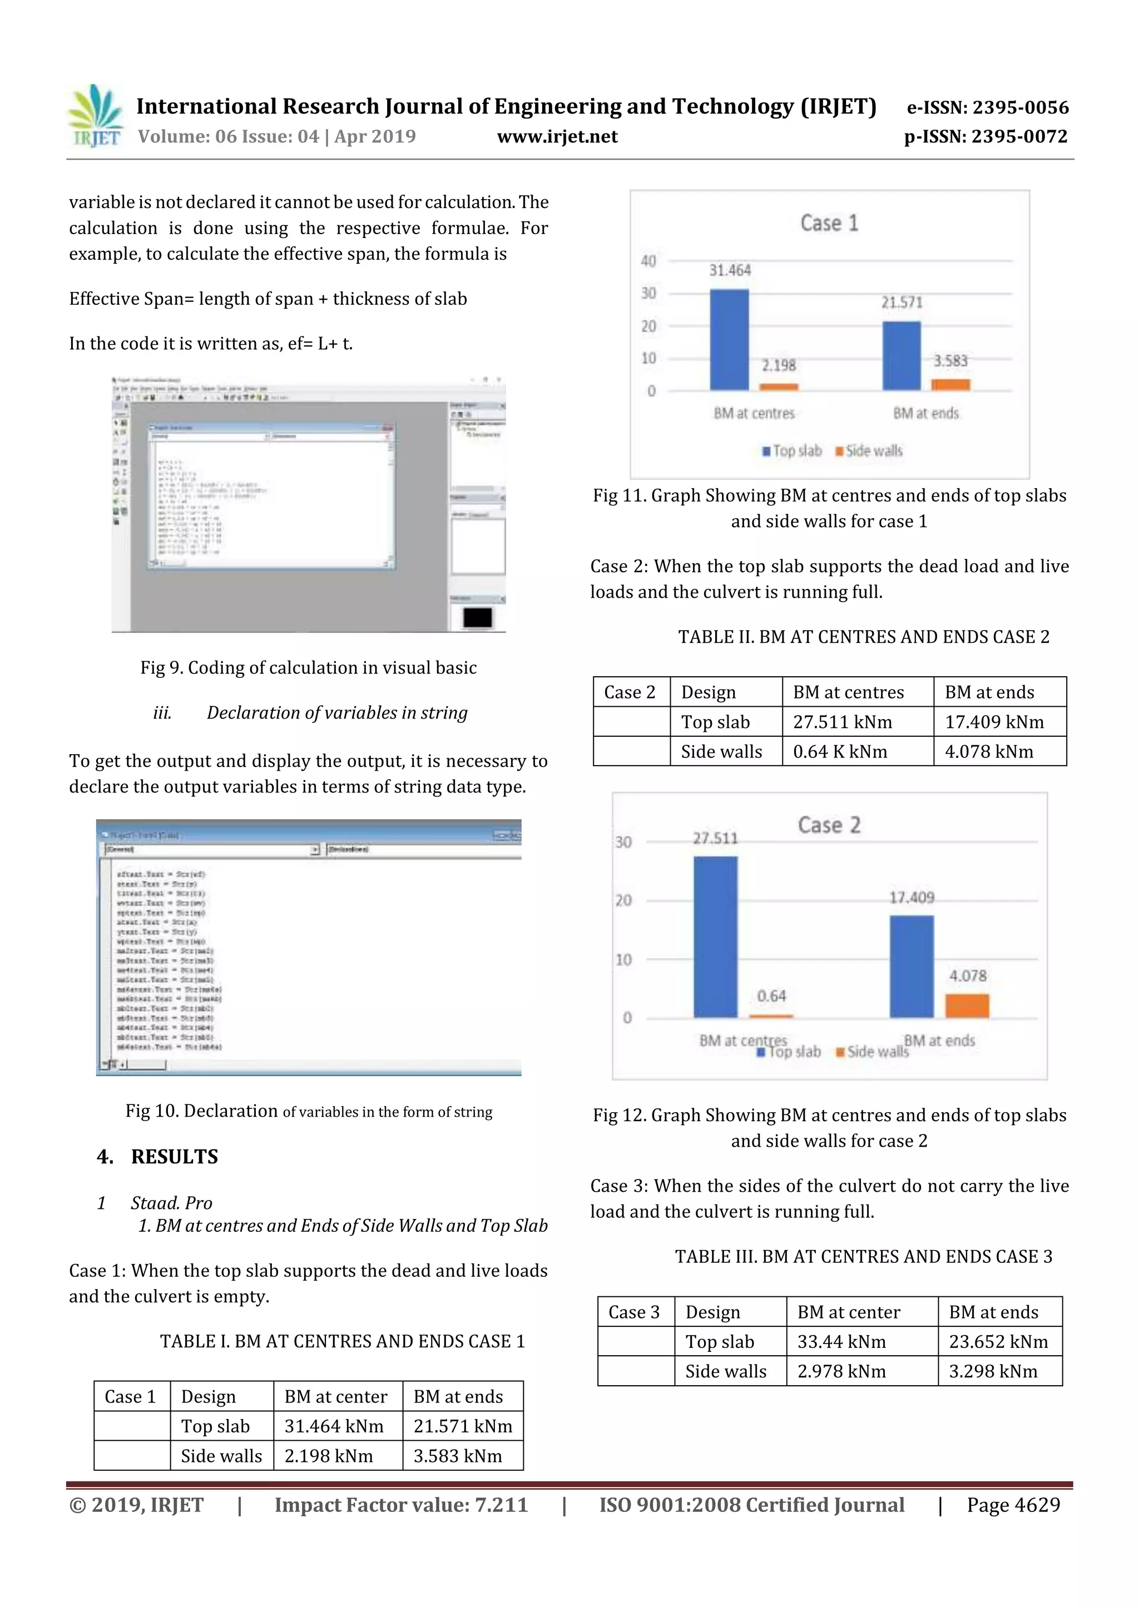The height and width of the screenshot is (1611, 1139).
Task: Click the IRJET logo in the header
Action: [x=94, y=116]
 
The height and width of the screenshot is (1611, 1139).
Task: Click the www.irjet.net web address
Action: [x=557, y=137]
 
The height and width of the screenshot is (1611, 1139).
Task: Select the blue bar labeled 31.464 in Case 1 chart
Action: [x=729, y=340]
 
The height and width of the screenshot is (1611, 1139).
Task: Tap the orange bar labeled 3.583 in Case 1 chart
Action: [x=950, y=384]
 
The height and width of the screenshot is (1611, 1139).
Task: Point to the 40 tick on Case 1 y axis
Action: [x=648, y=261]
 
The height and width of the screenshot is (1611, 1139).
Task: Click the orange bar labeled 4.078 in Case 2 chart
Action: [x=967, y=1005]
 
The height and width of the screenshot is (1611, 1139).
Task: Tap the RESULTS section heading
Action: [x=174, y=1156]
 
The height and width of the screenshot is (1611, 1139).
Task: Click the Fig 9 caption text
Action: [x=308, y=667]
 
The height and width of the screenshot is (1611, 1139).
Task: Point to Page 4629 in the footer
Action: [x=1013, y=1505]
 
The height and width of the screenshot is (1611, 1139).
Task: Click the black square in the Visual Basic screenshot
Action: [x=477, y=617]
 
